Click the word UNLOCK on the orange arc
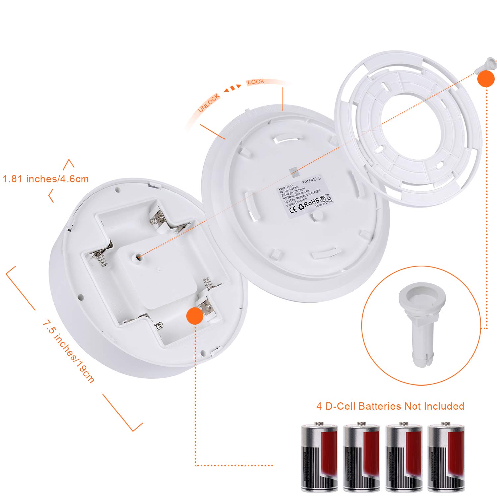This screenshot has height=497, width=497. (x=209, y=103)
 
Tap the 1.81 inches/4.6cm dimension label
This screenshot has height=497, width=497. (x=46, y=179)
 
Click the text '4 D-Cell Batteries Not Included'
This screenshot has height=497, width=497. (x=390, y=406)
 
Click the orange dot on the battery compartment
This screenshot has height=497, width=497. (x=195, y=315)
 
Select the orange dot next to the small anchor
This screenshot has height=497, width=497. (x=486, y=79)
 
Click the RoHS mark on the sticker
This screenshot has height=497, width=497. (x=311, y=202)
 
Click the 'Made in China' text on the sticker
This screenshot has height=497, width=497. (x=324, y=203)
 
